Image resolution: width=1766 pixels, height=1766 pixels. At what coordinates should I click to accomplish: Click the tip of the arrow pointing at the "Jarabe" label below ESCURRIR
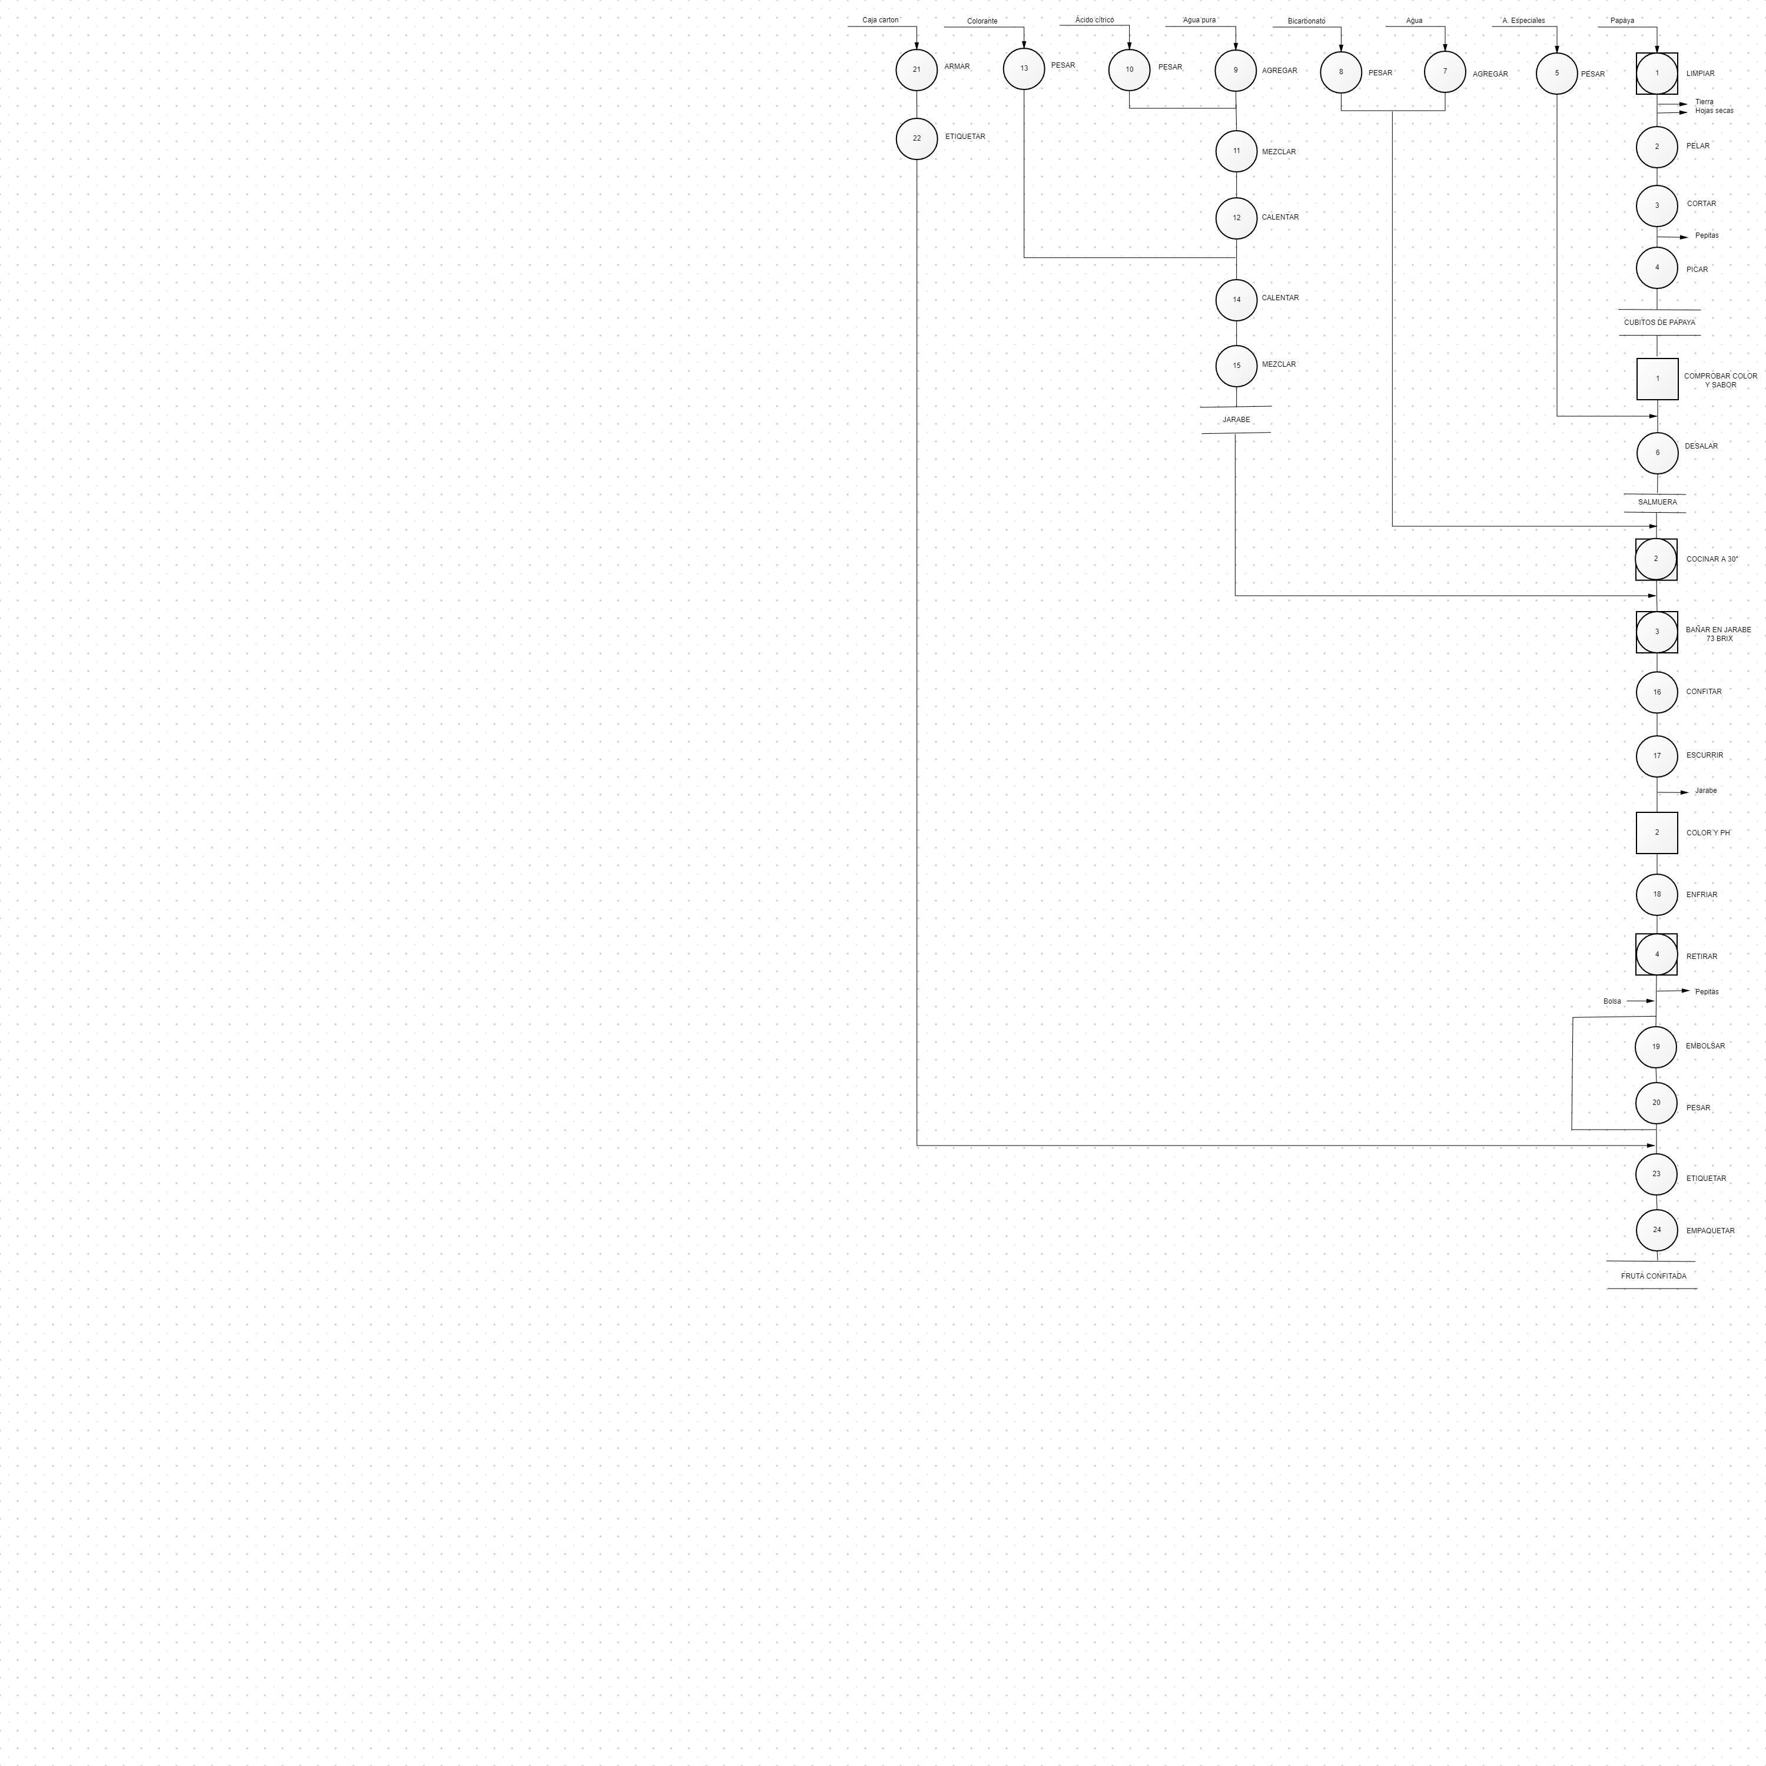pyautogui.click(x=1688, y=792)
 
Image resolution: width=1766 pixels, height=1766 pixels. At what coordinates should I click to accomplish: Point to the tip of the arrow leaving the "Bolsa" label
pyautogui.click(x=1655, y=1001)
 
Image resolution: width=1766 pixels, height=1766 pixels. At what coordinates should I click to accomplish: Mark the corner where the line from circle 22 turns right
pyautogui.click(x=917, y=1146)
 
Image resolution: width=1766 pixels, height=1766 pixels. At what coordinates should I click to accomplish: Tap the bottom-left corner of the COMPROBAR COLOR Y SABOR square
pyautogui.click(x=1637, y=400)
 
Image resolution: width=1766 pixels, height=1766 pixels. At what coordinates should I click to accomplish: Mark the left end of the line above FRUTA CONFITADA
pyautogui.click(x=1607, y=1262)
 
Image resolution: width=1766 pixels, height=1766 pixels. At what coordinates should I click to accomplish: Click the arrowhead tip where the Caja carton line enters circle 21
pyautogui.click(x=917, y=48)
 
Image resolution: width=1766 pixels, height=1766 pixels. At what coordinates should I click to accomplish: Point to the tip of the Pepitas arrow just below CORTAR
pyautogui.click(x=1688, y=237)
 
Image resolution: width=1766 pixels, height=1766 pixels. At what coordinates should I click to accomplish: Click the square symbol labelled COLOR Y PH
pyautogui.click(x=1657, y=833)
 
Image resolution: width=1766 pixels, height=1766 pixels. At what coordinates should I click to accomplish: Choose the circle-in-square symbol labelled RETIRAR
pyautogui.click(x=1657, y=954)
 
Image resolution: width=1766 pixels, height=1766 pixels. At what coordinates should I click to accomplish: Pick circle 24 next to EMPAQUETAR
pyautogui.click(x=1657, y=1230)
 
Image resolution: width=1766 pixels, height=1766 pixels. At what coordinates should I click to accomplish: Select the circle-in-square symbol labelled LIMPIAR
pyautogui.click(x=1657, y=73)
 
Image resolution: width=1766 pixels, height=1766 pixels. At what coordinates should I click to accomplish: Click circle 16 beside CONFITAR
pyautogui.click(x=1657, y=692)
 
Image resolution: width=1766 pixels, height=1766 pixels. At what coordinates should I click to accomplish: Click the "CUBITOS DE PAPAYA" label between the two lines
pyautogui.click(x=1660, y=323)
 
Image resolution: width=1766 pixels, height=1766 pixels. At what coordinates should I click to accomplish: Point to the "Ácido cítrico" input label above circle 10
pyautogui.click(x=1095, y=20)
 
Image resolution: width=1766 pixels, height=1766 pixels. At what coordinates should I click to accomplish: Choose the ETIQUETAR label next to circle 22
pyautogui.click(x=965, y=137)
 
